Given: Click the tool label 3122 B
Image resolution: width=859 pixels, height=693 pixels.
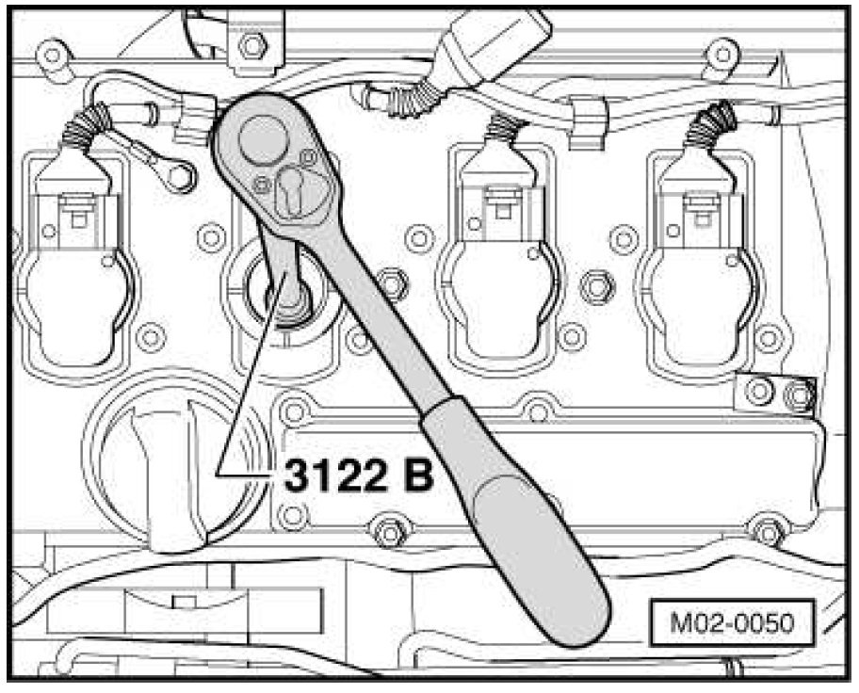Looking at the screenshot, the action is (359, 475).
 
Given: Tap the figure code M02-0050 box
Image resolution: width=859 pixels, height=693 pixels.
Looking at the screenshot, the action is (732, 623).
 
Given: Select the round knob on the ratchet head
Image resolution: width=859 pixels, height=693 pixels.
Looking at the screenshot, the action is (264, 139).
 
